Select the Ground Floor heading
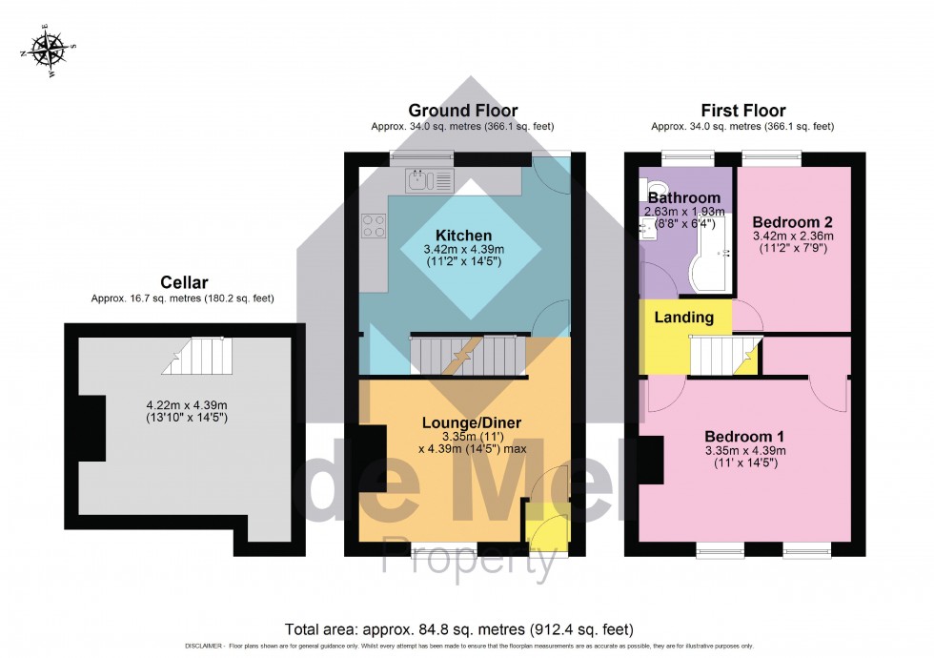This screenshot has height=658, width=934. tap(462, 111)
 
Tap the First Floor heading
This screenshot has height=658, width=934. tap(742, 111)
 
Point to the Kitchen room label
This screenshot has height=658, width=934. tap(463, 235)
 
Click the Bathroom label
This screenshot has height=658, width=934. tap(685, 197)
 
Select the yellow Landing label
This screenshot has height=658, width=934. tap(682, 317)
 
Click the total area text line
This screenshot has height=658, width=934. tap(458, 629)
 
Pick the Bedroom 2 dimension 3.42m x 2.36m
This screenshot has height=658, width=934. tap(793, 236)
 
